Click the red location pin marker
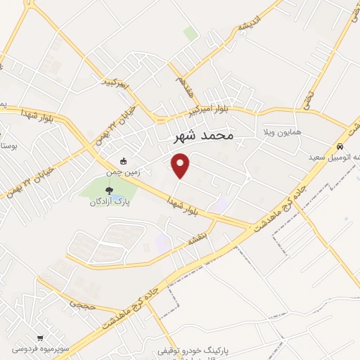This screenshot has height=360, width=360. [x=181, y=165]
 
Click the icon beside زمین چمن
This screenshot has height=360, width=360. [x=124, y=161]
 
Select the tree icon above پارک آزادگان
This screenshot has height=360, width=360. [x=108, y=190]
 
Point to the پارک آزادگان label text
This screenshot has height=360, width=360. [x=112, y=201]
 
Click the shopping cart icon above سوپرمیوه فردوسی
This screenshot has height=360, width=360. [x=40, y=337]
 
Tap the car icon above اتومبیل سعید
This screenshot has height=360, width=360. [x=340, y=147]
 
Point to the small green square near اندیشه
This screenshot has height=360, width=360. [x=190, y=32]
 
